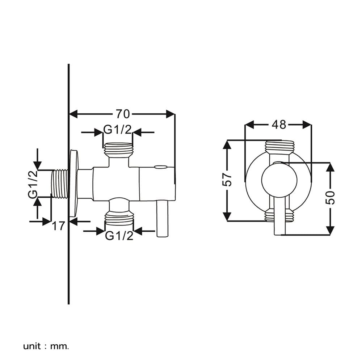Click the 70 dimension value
click(123, 114)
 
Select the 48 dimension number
click(279, 125)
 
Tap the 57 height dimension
click(227, 180)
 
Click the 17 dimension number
click(58, 226)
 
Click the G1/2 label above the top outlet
click(117, 130)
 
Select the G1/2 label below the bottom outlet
click(119, 236)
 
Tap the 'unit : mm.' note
click(46, 346)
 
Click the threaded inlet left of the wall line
click(60, 184)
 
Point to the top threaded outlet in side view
click(119, 150)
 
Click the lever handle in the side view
click(163, 218)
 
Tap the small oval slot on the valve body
click(161, 167)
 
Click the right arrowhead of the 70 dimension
click(171, 114)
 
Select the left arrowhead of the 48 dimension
click(249, 125)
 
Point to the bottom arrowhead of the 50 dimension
click(331, 231)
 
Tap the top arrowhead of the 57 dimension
click(227, 144)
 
